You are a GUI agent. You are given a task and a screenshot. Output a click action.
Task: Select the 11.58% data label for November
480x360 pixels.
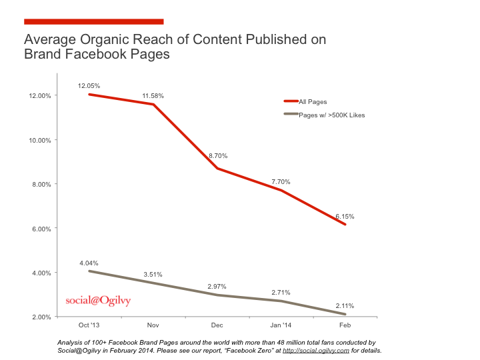click(153, 96)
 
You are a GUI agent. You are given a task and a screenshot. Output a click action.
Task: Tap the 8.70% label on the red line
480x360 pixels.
click(217, 155)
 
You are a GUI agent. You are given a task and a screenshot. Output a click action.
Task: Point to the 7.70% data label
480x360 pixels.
click(280, 181)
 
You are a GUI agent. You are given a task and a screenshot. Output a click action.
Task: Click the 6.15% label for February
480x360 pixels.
click(344, 217)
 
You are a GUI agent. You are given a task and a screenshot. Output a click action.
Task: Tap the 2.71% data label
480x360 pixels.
click(280, 292)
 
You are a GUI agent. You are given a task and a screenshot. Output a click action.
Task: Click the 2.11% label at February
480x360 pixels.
click(344, 305)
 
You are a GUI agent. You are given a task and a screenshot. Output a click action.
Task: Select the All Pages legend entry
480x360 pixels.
click(311, 101)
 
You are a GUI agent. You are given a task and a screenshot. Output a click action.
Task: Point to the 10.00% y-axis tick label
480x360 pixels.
click(39, 140)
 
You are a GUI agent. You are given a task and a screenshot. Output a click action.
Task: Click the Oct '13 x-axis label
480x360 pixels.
click(89, 325)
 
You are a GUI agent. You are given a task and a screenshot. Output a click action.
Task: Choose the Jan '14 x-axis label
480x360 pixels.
click(281, 325)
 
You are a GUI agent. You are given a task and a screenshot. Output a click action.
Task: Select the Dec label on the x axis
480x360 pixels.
click(217, 325)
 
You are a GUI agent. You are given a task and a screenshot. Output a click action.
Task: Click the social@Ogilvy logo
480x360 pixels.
click(98, 301)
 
